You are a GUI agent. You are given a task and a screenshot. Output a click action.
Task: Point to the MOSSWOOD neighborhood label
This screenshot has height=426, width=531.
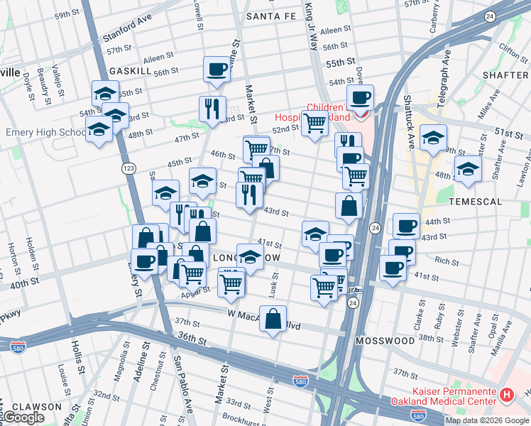coord(386,341)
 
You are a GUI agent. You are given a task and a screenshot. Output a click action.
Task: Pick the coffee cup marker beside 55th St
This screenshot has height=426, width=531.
coord(217,70)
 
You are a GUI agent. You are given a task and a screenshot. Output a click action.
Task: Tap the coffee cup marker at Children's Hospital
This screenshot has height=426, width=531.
coord(360,97)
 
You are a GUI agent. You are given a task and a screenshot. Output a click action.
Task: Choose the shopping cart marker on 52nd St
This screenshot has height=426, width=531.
coord(314,123)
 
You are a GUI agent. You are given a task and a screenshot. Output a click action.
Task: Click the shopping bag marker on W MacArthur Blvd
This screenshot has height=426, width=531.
coord(273,319)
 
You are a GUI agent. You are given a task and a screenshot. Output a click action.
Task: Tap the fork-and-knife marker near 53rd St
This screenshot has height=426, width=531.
coord(212,109)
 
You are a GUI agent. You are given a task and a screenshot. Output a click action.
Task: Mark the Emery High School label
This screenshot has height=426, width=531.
coord(45,133)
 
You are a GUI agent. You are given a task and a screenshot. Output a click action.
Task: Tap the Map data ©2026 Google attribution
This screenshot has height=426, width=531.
coord(487,420)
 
